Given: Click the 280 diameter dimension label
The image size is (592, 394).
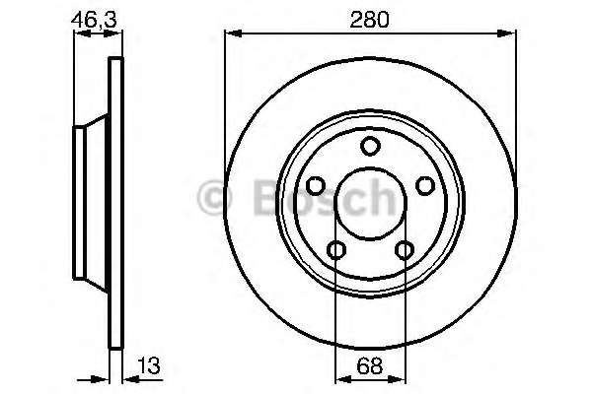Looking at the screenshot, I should [x=370, y=18].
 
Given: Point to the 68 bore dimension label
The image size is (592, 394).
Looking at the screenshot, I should [x=369, y=366].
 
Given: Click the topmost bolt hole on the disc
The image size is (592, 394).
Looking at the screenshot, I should [x=370, y=148].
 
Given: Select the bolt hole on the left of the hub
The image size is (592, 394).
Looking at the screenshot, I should [x=316, y=186].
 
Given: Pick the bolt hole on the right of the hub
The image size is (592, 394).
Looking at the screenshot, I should [x=425, y=186].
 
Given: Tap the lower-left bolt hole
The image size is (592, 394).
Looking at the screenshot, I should [x=336, y=250].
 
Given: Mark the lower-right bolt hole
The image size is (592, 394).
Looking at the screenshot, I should [x=404, y=250].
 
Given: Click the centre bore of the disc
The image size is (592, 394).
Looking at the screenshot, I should [x=370, y=206].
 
